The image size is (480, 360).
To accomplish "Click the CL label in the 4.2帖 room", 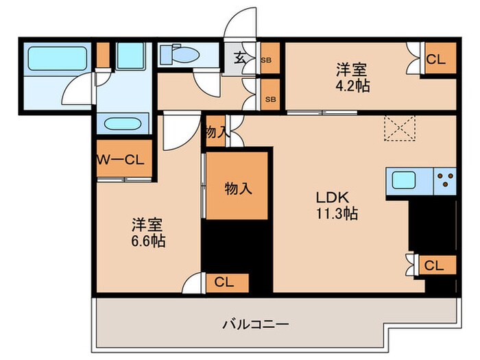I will [x=435, y=60].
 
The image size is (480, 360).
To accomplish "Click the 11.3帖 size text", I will [x=336, y=213].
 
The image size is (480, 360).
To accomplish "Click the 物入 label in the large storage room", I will [x=237, y=188].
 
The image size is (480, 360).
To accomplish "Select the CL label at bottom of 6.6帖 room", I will [x=224, y=280].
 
